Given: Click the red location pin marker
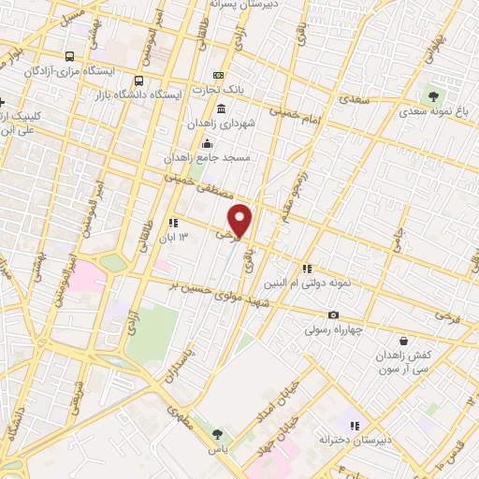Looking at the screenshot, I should pyautogui.click(x=240, y=220).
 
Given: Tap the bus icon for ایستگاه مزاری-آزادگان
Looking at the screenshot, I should pyautogui.click(x=71, y=55).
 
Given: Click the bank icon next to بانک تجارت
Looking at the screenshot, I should pyautogui.click(x=218, y=75).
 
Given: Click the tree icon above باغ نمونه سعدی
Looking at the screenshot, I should pyautogui.click(x=431, y=94).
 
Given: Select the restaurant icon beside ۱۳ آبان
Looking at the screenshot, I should pyautogui.click(x=173, y=223).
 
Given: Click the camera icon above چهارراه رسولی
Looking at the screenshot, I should pyautogui.click(x=333, y=314).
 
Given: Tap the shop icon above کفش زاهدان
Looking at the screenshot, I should pyautogui.click(x=403, y=341).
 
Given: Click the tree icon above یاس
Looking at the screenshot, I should pyautogui.click(x=217, y=434).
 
